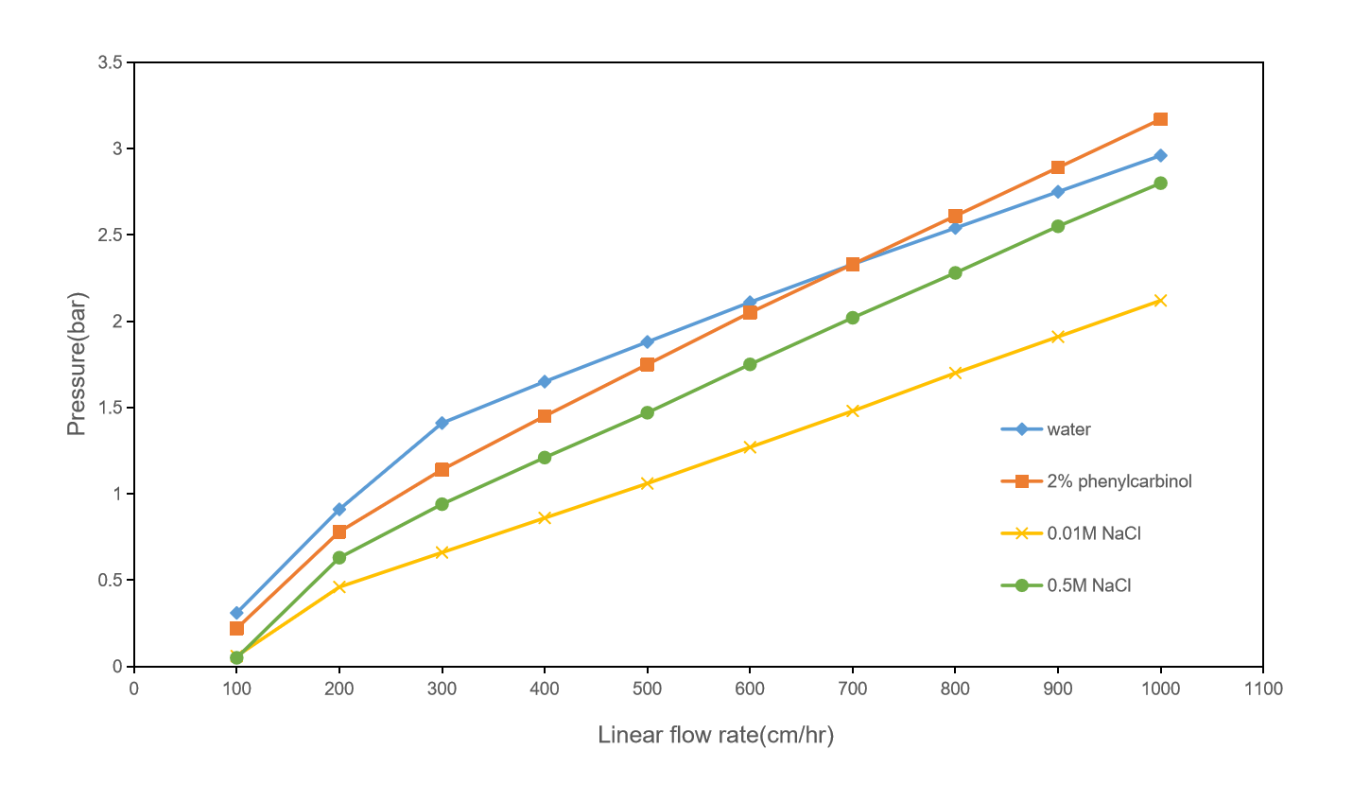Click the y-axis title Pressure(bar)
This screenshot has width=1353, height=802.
tap(77, 364)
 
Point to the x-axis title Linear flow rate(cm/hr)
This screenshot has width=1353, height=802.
tap(716, 736)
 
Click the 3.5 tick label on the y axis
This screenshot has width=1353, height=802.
tap(110, 62)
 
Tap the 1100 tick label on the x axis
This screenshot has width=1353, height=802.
tap(1263, 689)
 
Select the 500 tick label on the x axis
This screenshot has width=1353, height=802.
tap(647, 689)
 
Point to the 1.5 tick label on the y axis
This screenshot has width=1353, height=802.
tap(110, 408)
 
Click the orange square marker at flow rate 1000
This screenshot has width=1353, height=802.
tap(1160, 119)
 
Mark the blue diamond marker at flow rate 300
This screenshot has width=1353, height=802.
tap(442, 423)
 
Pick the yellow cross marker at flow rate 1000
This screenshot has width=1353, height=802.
tap(1160, 301)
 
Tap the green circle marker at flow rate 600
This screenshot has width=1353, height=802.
tap(750, 364)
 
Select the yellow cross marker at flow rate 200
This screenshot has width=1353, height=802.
tap(339, 586)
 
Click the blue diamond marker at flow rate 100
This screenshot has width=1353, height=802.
tap(236, 613)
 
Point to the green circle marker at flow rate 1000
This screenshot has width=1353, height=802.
tap(1160, 183)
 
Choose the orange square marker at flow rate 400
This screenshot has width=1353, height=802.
tap(545, 416)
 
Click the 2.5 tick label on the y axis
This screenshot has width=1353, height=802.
tap(110, 235)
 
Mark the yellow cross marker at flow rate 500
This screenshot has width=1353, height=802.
tap(647, 483)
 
